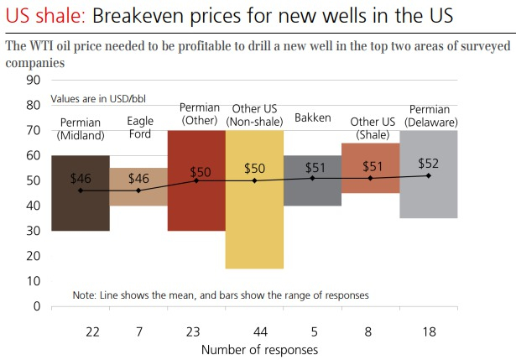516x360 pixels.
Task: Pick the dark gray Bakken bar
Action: pyautogui.click(x=312, y=191)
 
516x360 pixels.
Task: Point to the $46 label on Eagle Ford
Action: pyautogui.click(x=139, y=178)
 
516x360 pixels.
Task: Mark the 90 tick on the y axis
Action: pyautogui.click(x=34, y=81)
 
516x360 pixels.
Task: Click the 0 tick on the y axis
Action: pyautogui.click(x=37, y=306)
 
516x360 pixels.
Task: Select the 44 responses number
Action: pyautogui.click(x=255, y=332)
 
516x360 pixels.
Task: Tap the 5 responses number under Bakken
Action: pyautogui.click(x=313, y=332)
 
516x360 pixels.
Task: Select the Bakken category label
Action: pyautogui.click(x=313, y=117)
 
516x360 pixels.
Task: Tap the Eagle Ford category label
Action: pyautogui.click(x=139, y=128)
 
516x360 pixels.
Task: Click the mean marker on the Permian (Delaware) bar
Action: pyautogui.click(x=429, y=175)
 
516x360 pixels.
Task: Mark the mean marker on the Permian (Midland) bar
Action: pyautogui.click(x=81, y=190)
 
